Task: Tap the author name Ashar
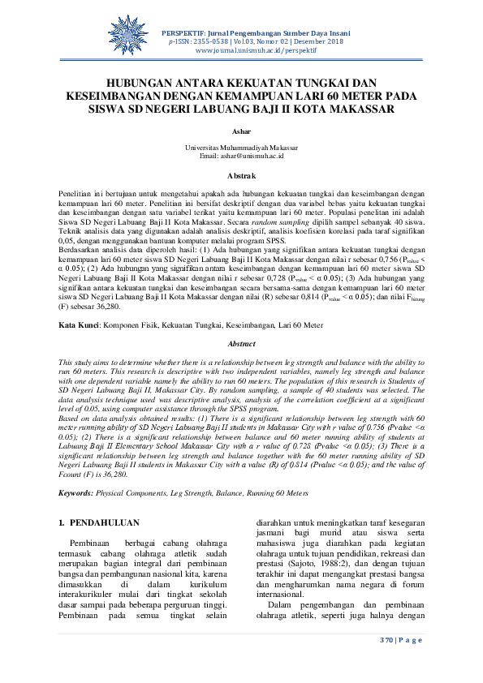pyautogui.click(x=241, y=130)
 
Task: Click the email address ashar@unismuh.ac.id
pyautogui.click(x=241, y=155)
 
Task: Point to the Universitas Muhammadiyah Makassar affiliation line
pyautogui.click(x=241, y=148)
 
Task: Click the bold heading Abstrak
pyautogui.click(x=241, y=175)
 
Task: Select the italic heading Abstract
pyautogui.click(x=241, y=367)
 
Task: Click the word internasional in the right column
pyautogui.click(x=284, y=604)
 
